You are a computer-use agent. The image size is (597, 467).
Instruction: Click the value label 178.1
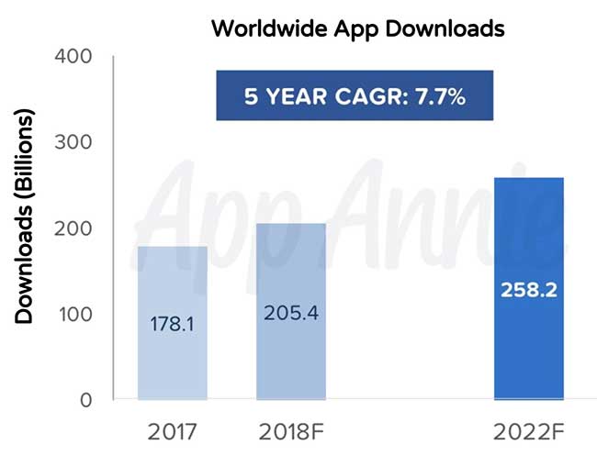173,324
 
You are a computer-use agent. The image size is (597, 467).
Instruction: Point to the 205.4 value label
290,313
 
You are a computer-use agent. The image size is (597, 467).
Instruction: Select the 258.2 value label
528,289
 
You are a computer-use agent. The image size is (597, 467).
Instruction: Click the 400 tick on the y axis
73,57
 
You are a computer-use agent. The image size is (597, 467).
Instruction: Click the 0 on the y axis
85,401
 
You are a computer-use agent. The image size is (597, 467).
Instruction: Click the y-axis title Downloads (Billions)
25,217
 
